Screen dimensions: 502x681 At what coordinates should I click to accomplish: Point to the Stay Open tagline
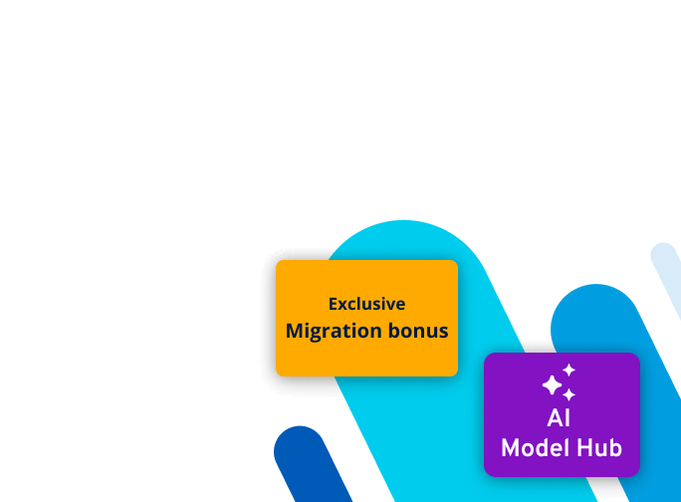coord(311,420)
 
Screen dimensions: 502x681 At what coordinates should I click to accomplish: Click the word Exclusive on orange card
coord(366,304)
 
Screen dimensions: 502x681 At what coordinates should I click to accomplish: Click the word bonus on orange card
coord(418,331)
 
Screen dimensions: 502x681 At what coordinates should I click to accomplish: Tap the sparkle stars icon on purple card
coord(560,382)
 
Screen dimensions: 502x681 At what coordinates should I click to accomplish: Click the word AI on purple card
coord(560,417)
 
